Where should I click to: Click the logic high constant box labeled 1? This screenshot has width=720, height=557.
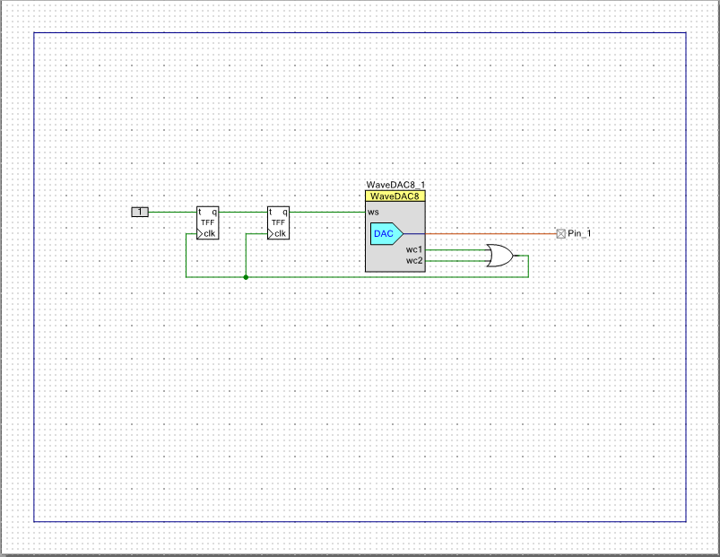(x=140, y=212)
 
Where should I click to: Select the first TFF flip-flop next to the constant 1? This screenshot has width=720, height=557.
(x=207, y=222)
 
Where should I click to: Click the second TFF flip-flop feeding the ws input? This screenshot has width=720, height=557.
(x=278, y=222)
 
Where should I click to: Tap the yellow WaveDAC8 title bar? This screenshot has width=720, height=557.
(x=395, y=196)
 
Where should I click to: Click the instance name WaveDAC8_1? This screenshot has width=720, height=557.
(x=395, y=185)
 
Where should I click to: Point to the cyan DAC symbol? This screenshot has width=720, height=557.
(x=386, y=234)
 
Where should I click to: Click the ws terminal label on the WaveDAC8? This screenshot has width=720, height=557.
(x=373, y=213)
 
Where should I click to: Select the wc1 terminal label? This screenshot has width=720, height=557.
(x=413, y=249)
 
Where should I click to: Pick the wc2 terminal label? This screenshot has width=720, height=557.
(x=413, y=261)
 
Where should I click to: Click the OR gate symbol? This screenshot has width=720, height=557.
(x=500, y=256)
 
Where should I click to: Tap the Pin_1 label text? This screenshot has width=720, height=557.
(x=579, y=233)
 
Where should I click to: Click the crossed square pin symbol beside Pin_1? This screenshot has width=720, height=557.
(x=560, y=234)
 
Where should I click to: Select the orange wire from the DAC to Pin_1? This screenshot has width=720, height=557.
(x=490, y=234)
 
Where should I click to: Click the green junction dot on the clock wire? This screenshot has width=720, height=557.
(x=246, y=277)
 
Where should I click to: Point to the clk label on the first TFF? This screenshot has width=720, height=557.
(x=210, y=234)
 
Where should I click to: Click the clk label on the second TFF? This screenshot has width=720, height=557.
(x=280, y=234)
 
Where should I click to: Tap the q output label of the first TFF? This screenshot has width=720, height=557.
(x=214, y=213)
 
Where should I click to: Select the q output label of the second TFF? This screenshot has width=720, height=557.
(x=285, y=213)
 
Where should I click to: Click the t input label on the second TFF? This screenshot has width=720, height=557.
(x=271, y=212)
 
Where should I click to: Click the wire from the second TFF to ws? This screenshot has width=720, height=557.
(x=327, y=213)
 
